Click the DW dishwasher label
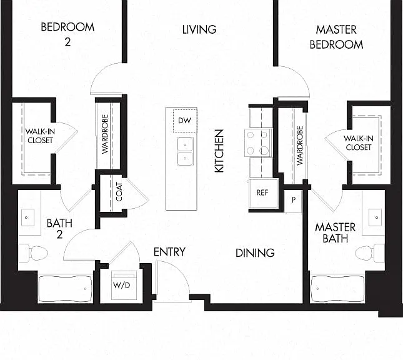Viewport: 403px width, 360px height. (x=184, y=121)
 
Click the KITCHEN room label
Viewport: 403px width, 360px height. (x=219, y=151)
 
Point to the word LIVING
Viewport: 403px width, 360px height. (x=199, y=29)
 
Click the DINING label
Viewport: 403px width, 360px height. (x=255, y=253)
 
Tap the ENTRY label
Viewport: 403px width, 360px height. (x=169, y=252)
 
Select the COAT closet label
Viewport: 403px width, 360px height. (x=119, y=192)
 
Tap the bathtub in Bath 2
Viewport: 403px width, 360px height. (x=65, y=289)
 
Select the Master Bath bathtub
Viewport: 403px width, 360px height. (x=337, y=289)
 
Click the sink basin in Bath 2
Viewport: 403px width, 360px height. (x=27, y=217)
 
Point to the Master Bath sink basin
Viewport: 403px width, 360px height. (x=376, y=217)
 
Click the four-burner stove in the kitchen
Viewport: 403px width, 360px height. (x=258, y=142)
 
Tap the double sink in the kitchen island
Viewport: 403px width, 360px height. (x=185, y=151)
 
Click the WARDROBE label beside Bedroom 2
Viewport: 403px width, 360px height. (x=104, y=134)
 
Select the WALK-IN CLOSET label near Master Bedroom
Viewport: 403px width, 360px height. (x=358, y=143)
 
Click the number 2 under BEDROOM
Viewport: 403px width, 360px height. (x=67, y=42)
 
